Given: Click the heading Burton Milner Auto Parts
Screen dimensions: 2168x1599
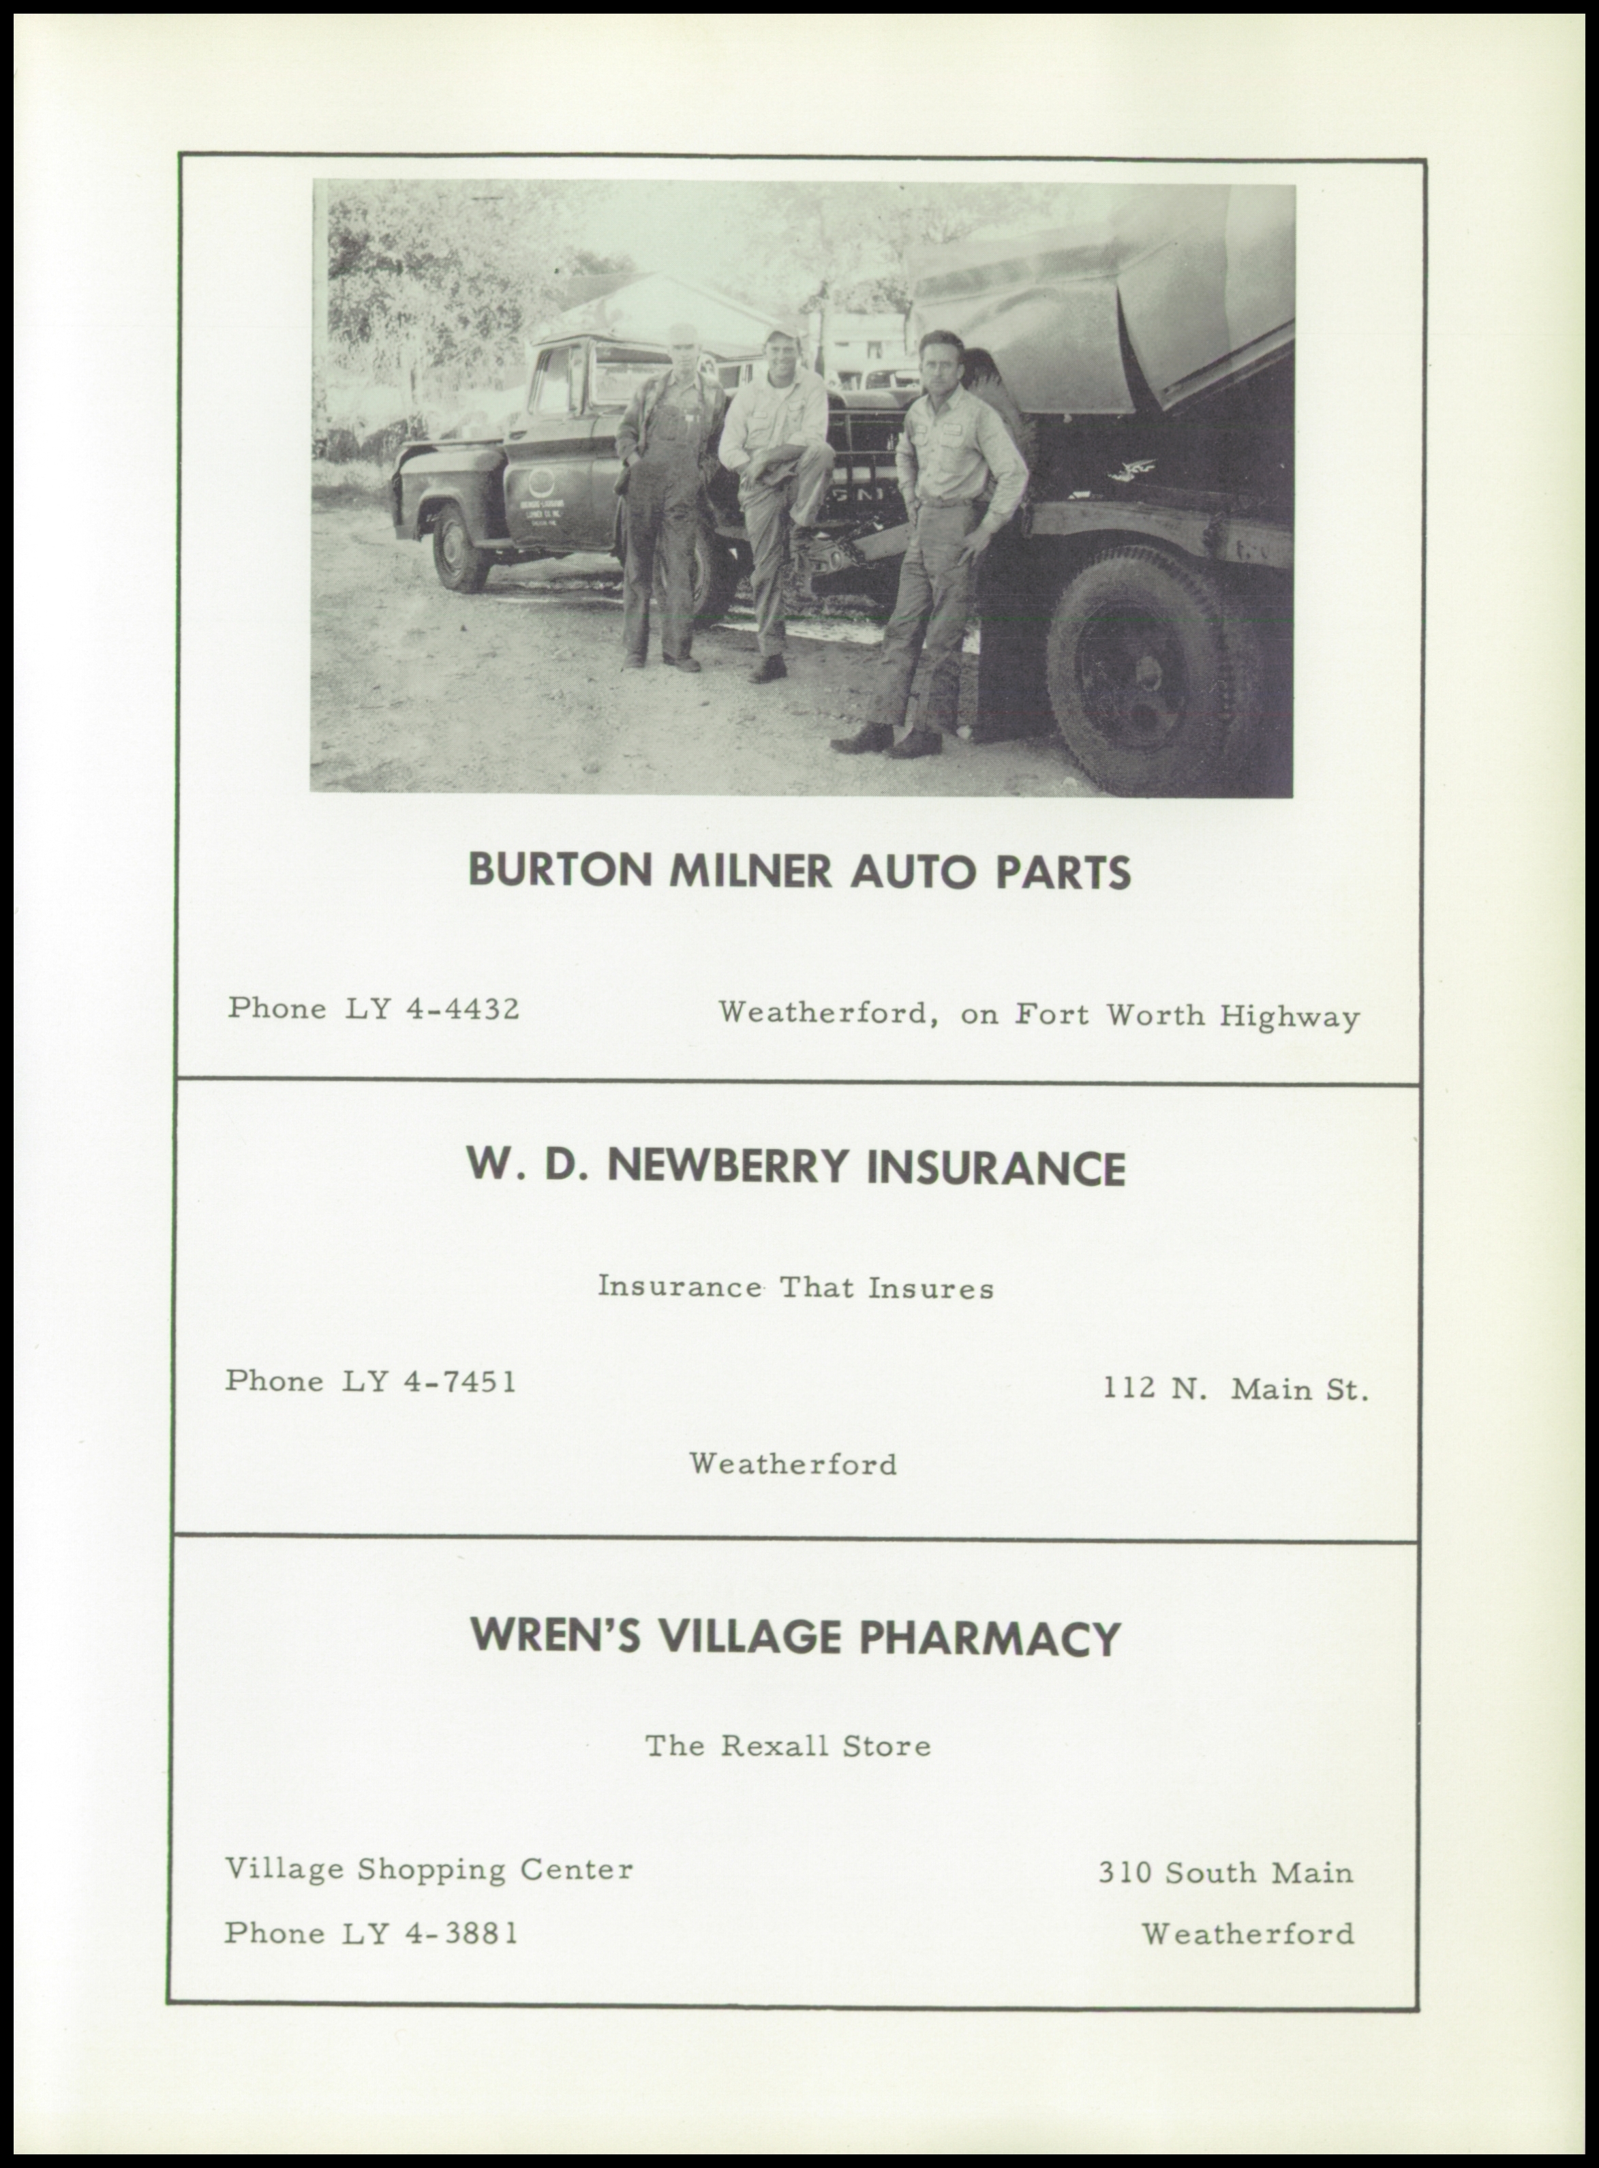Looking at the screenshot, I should [x=799, y=872].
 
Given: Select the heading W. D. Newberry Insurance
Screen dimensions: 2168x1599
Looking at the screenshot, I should [x=795, y=1167].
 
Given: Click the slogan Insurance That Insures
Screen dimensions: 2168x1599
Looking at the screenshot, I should [x=795, y=1288].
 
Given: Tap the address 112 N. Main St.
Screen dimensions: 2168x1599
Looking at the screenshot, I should [x=1236, y=1390].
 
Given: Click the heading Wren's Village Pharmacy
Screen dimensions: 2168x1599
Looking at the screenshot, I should [x=795, y=1638].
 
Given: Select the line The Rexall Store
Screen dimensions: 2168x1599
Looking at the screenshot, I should [x=788, y=1746].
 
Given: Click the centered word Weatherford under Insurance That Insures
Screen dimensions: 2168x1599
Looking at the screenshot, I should [x=793, y=1465].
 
